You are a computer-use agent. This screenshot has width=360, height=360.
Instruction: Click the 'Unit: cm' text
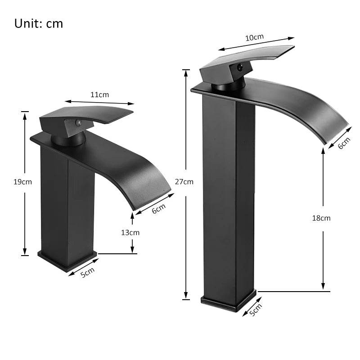(x=39, y=23)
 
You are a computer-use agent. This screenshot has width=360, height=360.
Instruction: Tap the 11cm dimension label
(x=99, y=94)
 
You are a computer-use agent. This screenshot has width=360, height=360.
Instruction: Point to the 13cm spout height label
(x=130, y=232)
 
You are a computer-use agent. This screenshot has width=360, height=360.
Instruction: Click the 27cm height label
(x=184, y=182)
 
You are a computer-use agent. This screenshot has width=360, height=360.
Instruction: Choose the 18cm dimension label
(x=321, y=218)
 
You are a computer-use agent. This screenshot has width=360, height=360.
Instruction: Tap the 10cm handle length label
(x=254, y=37)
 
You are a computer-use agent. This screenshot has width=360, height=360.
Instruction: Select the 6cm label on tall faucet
(x=344, y=143)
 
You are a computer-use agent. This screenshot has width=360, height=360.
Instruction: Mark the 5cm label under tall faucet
(x=255, y=310)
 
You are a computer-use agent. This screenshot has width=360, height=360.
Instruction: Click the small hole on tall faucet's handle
(x=239, y=68)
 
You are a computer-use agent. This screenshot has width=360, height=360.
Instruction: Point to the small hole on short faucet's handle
(x=77, y=122)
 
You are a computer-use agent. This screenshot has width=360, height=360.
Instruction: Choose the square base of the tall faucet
(x=228, y=301)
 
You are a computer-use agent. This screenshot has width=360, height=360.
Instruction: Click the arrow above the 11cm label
(x=99, y=102)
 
